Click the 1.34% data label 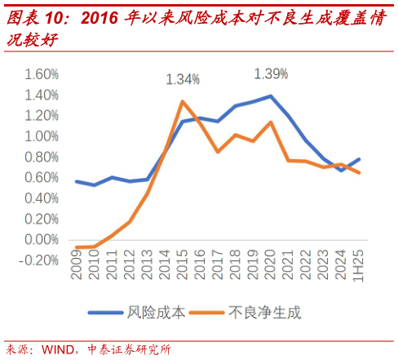183,79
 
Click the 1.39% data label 271,73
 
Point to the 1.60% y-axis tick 42,74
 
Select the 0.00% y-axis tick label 42,239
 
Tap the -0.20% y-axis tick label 40,260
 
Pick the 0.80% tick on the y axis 42,157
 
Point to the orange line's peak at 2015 182,101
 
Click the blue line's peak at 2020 270,96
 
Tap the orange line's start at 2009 77,247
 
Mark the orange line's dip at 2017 218,152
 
